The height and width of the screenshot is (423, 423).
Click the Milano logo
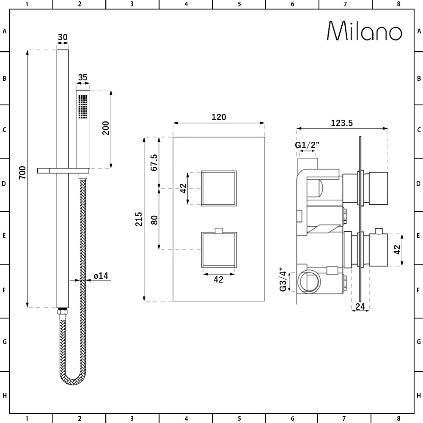tap(365, 31)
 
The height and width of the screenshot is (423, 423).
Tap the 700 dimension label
tap(22, 173)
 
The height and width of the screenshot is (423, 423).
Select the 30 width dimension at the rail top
tap(63, 37)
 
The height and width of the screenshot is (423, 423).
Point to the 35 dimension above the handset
tap(83, 77)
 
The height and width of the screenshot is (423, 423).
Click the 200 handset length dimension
tap(106, 128)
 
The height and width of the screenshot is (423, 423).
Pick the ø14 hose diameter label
tap(101, 276)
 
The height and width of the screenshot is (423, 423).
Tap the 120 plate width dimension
tap(219, 117)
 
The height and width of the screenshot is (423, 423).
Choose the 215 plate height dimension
tap(139, 219)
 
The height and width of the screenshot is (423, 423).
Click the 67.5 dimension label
tap(154, 162)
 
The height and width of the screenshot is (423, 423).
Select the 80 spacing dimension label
tap(154, 220)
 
